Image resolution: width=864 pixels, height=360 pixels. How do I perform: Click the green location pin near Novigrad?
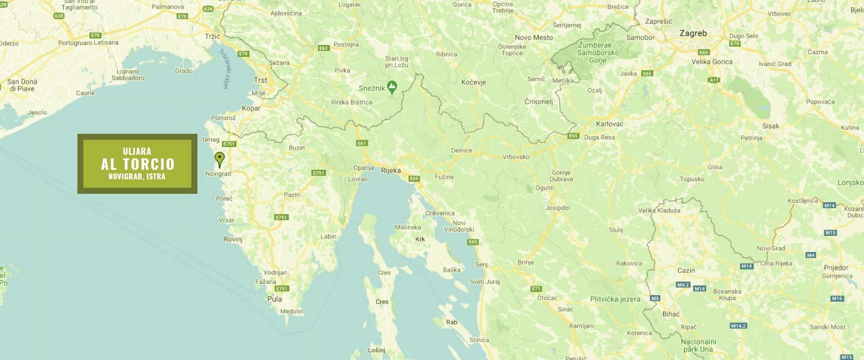coord(220,158)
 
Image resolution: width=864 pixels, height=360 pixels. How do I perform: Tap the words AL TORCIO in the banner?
coord(137,164)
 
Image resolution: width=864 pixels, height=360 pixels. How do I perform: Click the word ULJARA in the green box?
coord(137,151)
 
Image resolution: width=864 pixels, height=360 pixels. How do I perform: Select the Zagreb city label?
coord(693,34)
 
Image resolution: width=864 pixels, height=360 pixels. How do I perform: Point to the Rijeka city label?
coord(391,170)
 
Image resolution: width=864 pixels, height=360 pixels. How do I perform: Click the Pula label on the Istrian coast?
coord(274,299)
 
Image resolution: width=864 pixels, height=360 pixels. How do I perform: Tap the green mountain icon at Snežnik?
coord(392,88)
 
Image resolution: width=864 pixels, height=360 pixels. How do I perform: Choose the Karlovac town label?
coord(610,124)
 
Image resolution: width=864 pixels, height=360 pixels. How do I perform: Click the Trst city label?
coord(260,80)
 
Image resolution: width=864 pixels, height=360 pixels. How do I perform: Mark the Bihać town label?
coord(670,314)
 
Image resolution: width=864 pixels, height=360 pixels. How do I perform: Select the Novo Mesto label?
coord(533,37)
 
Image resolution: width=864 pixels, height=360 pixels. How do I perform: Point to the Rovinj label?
coord(233,239)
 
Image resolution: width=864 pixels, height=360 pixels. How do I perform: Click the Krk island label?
coord(420,239)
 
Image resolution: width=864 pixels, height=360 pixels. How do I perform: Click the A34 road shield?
coord(208,9)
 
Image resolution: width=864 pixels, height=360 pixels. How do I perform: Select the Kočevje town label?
coord(473,82)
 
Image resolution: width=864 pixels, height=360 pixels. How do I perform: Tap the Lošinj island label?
coord(376,350)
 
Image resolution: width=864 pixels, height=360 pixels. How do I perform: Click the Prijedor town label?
coord(836,268)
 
